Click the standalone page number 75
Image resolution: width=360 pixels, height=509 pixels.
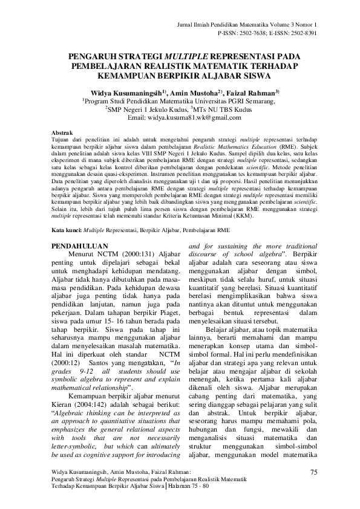pyautogui.click(x=312, y=472)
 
